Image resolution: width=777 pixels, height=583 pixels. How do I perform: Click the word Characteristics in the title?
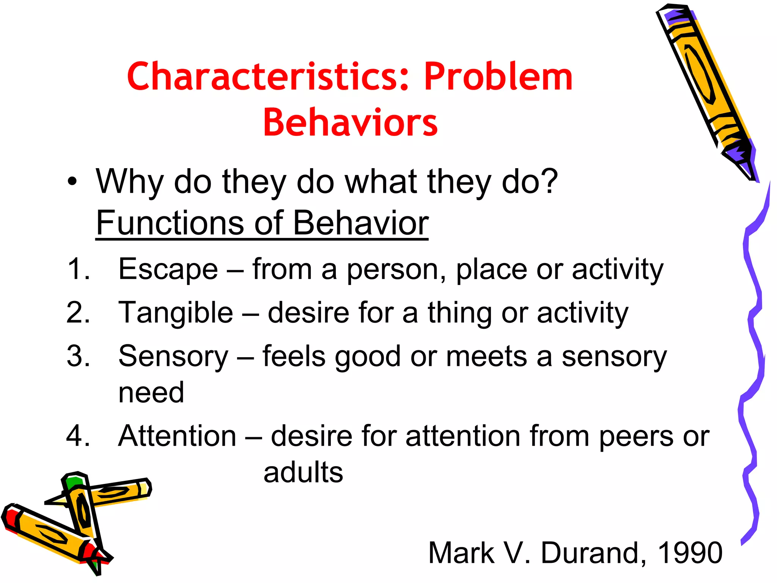(x=268, y=77)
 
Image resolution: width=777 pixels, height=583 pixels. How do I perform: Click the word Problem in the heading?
(x=498, y=77)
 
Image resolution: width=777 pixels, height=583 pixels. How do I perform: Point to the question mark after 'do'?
(x=547, y=181)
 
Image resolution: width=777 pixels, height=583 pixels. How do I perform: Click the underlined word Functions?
(x=170, y=223)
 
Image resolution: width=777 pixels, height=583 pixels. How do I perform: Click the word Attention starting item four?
(x=177, y=436)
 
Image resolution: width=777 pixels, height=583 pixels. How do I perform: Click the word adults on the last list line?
(x=303, y=473)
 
